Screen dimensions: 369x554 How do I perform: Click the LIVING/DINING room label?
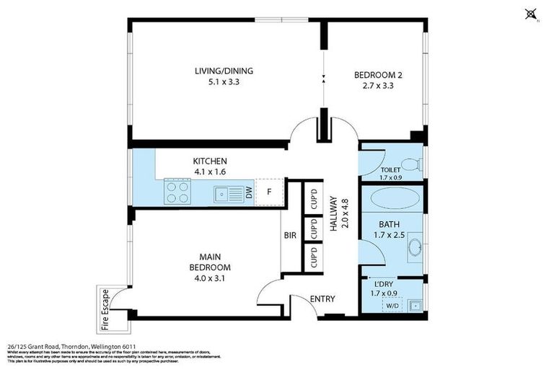click(x=224, y=71)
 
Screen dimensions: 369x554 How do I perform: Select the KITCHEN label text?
click(x=210, y=161)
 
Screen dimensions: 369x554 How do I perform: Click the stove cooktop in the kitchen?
click(x=178, y=192)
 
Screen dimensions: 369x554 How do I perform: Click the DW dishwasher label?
click(x=248, y=193)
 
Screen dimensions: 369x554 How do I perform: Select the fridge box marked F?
click(x=269, y=192)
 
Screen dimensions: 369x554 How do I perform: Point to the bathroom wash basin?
click(x=414, y=247)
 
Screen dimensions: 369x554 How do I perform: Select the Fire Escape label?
click(x=105, y=306)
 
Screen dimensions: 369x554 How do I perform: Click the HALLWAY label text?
click(x=334, y=215)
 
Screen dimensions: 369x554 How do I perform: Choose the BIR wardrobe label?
click(x=290, y=236)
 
